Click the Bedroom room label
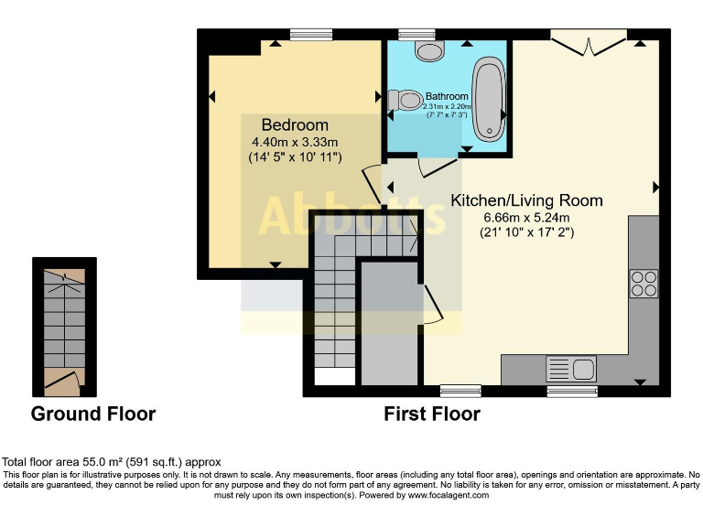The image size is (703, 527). point(295,124)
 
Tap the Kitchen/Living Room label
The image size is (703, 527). point(526,200)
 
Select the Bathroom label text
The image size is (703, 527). point(447,96)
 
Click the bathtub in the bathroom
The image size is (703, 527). point(490,101)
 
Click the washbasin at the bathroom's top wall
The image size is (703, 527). point(428,49)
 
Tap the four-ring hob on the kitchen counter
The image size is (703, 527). point(644,284)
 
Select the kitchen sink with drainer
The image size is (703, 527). point(571,370)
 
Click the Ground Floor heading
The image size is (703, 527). point(93,414)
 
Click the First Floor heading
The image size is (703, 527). point(432,414)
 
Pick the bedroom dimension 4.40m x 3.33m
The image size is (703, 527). point(295,142)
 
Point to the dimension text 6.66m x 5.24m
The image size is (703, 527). point(526,217)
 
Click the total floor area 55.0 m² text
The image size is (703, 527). point(112,462)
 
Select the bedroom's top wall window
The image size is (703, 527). point(310,35)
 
